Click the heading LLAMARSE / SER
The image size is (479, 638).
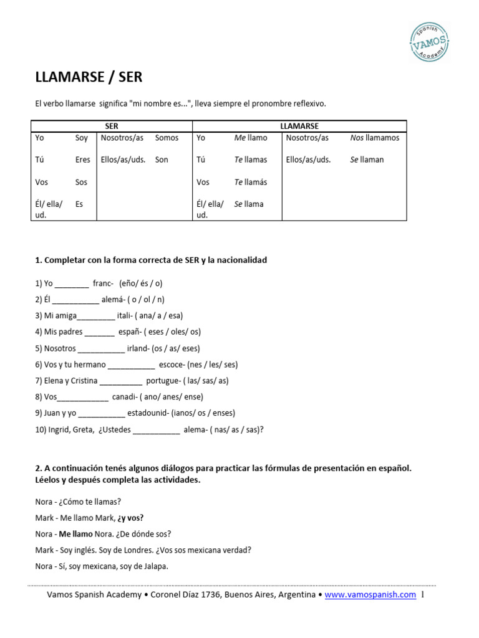(x=89, y=77)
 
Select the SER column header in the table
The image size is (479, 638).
(x=112, y=126)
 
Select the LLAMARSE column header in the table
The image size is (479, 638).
(x=299, y=126)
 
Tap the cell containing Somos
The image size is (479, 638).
(x=167, y=138)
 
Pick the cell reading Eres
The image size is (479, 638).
(x=82, y=159)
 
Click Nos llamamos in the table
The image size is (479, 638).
(x=374, y=138)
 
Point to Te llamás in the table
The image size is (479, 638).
(x=250, y=182)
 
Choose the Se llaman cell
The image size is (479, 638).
(x=367, y=159)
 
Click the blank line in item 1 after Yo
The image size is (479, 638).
(x=72, y=283)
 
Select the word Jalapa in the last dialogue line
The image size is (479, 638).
(x=154, y=566)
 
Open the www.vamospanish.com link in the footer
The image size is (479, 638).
(x=370, y=595)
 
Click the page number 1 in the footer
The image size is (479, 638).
(x=423, y=595)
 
